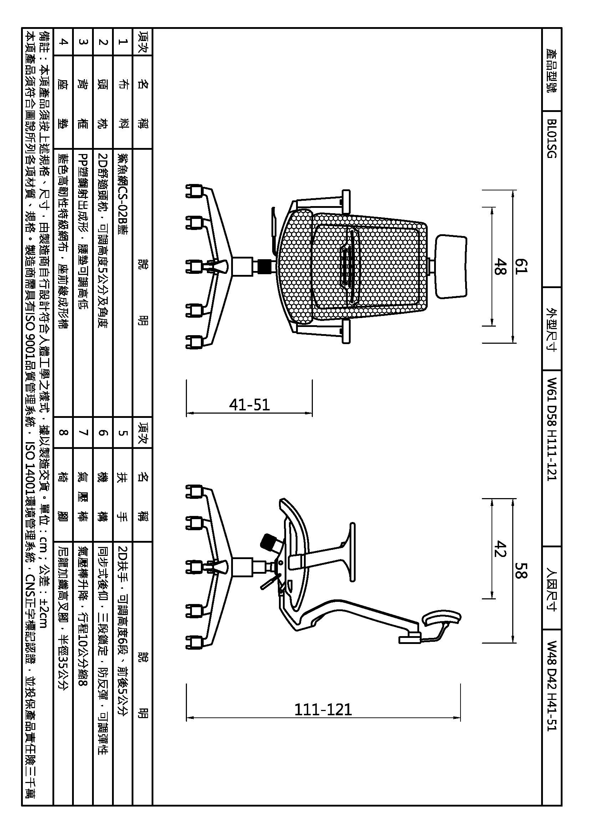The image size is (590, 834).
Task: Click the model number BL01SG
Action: point(551,138)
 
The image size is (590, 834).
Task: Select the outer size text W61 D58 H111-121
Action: point(551,429)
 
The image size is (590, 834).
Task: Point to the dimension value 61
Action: point(522,266)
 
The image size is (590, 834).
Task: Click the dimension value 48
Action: point(500,266)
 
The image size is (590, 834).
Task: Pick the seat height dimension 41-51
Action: point(250,405)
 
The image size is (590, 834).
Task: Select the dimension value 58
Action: point(522,570)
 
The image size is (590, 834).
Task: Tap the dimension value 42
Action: point(500,549)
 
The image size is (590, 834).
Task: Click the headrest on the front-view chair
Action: point(451,266)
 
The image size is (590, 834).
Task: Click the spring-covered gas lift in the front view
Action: point(265,266)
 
